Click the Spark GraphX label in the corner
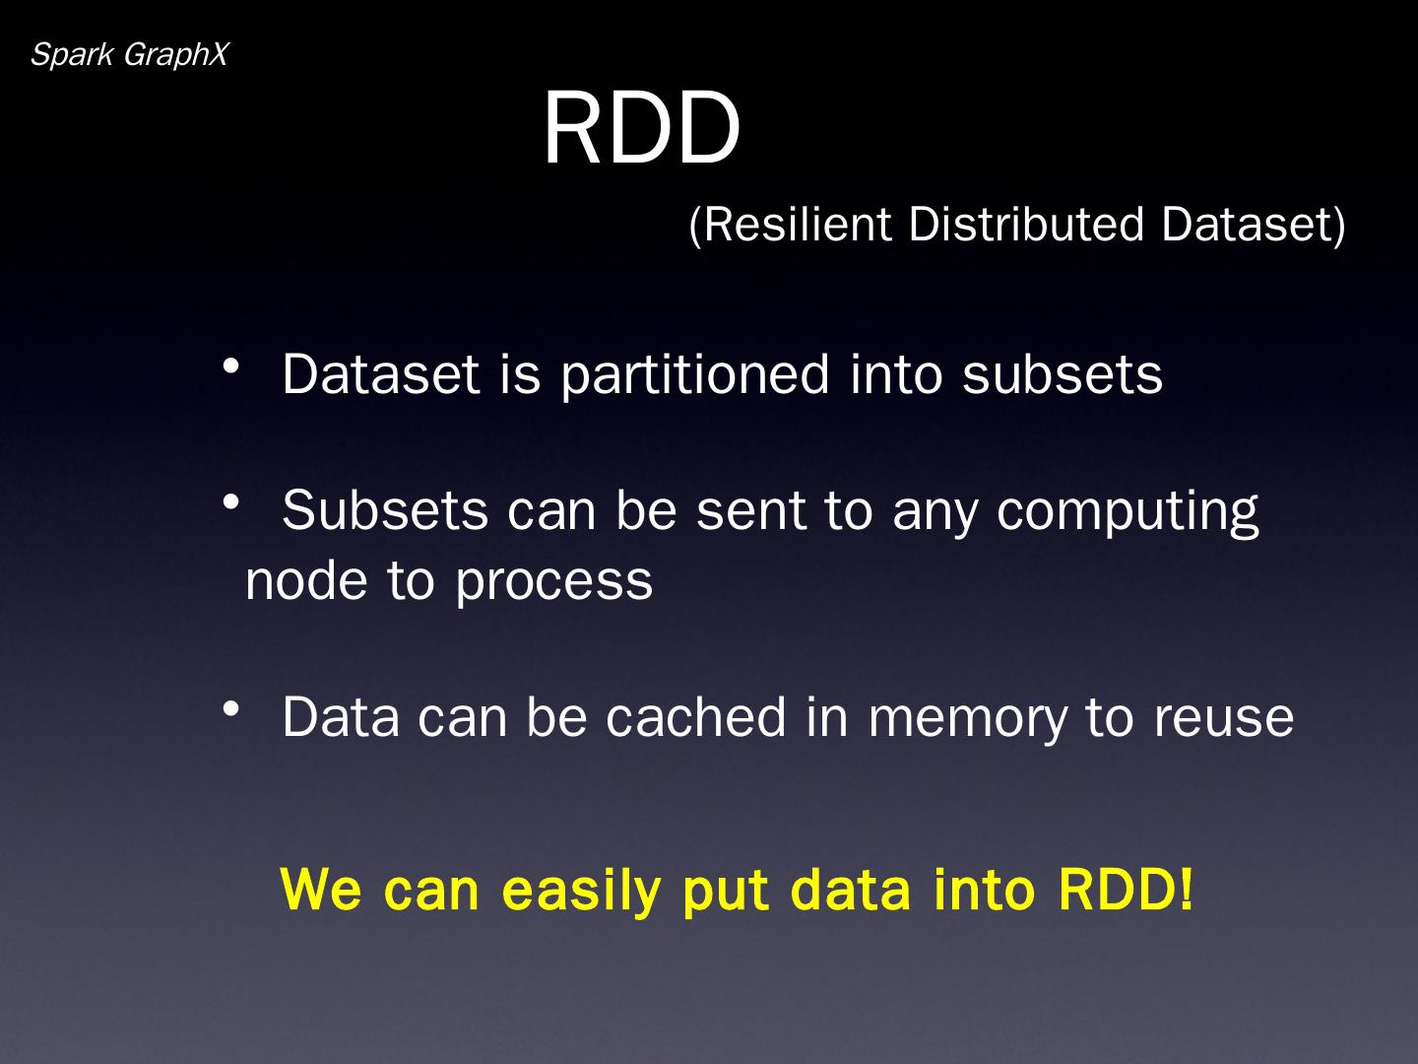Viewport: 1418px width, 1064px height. [x=129, y=55]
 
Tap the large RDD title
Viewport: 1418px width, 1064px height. [x=641, y=129]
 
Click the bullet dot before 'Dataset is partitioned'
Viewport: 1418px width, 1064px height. [x=231, y=367]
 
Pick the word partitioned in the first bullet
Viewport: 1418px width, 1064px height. [x=695, y=374]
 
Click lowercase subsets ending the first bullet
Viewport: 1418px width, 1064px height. [x=1063, y=374]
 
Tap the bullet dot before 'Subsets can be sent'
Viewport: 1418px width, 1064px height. [x=231, y=503]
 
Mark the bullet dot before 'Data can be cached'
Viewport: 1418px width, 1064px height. [x=231, y=708]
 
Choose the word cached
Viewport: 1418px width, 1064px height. [x=696, y=716]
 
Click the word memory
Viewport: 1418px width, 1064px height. [x=967, y=718]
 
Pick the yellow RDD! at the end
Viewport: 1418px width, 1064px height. [x=1126, y=889]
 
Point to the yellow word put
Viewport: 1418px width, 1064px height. [x=726, y=891]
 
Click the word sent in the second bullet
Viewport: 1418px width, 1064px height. [x=751, y=511]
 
